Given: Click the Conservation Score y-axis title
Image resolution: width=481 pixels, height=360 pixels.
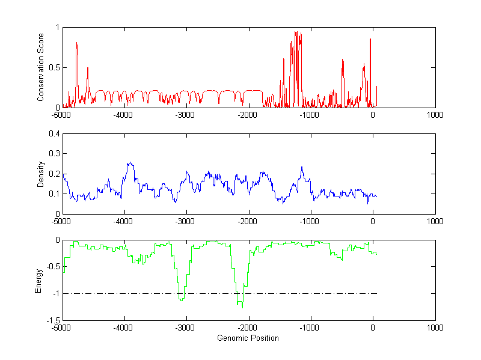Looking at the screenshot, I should pyautogui.click(x=40, y=67).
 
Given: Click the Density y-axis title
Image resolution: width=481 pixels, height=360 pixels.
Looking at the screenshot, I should pyautogui.click(x=40, y=174).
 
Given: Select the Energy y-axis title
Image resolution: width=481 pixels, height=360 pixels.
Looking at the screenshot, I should pyautogui.click(x=38, y=280).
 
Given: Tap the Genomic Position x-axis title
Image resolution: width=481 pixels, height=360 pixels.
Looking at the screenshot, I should pyautogui.click(x=248, y=338).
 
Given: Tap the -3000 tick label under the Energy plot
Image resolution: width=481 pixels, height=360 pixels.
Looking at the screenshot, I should pyautogui.click(x=186, y=328).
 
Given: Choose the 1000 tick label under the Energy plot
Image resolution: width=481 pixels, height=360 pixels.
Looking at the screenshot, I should pyautogui.click(x=435, y=328).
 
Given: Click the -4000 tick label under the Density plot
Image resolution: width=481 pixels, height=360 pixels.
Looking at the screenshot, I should pyautogui.click(x=124, y=221).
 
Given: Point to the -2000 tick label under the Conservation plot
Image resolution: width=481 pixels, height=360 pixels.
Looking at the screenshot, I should pyautogui.click(x=248, y=115).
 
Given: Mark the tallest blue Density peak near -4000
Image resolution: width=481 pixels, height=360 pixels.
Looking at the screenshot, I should pyautogui.click(x=129, y=163).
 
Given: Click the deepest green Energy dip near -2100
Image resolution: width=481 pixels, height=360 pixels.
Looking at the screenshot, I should pyautogui.click(x=242, y=307).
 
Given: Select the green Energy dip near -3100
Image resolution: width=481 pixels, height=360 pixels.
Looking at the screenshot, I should pyautogui.click(x=182, y=299).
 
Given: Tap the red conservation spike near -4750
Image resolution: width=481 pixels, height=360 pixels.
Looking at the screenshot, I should pyautogui.click(x=77, y=43).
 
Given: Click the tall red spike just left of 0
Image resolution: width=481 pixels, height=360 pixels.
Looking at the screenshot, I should pyautogui.click(x=370, y=39).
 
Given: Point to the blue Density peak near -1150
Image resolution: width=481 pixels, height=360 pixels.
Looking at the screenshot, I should pyautogui.click(x=302, y=167).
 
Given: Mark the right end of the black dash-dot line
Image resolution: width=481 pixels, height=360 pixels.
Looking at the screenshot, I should pyautogui.click(x=376, y=293).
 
